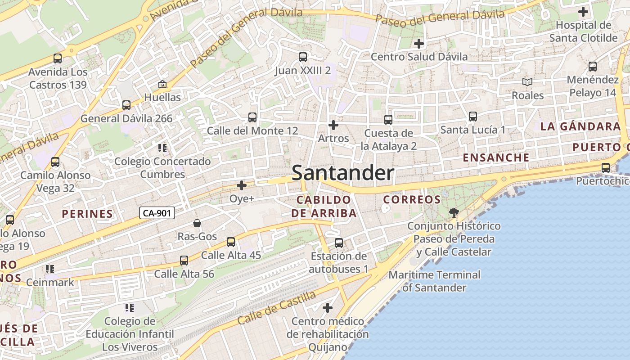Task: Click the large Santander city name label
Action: tap(343, 173)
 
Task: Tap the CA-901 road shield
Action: tap(157, 213)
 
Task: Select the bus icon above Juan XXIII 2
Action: tap(303, 57)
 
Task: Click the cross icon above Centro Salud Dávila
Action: tap(419, 44)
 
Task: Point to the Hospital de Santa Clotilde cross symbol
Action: tap(583, 12)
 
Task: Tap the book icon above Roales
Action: tap(527, 82)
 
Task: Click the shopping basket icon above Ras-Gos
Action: tap(197, 223)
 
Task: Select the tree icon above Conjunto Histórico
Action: tap(454, 212)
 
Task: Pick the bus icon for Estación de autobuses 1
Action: tap(339, 243)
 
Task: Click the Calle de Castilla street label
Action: tap(276, 308)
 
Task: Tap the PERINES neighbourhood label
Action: tap(87, 214)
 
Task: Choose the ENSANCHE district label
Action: tap(496, 157)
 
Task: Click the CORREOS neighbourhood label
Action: tap(412, 199)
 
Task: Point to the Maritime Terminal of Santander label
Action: tap(434, 281)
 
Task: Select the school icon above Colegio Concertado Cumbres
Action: tap(162, 148)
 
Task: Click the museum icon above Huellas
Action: tap(162, 84)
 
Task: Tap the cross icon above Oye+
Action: tap(242, 185)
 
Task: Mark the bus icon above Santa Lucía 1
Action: tap(472, 117)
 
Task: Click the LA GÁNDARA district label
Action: tap(580, 126)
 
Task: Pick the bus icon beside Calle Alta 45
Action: tap(231, 242)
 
